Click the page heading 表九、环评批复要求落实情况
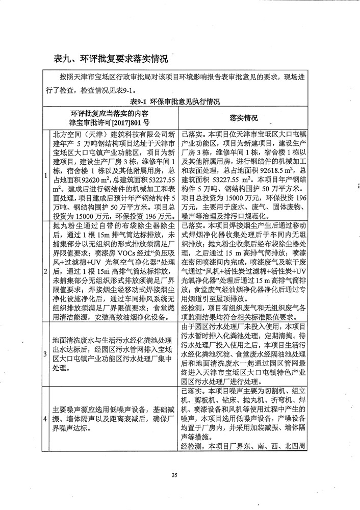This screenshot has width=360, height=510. [110, 59]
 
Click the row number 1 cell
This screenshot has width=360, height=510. [47, 176]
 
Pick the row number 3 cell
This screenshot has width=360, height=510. [47, 353]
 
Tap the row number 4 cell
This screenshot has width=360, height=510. [47, 419]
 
